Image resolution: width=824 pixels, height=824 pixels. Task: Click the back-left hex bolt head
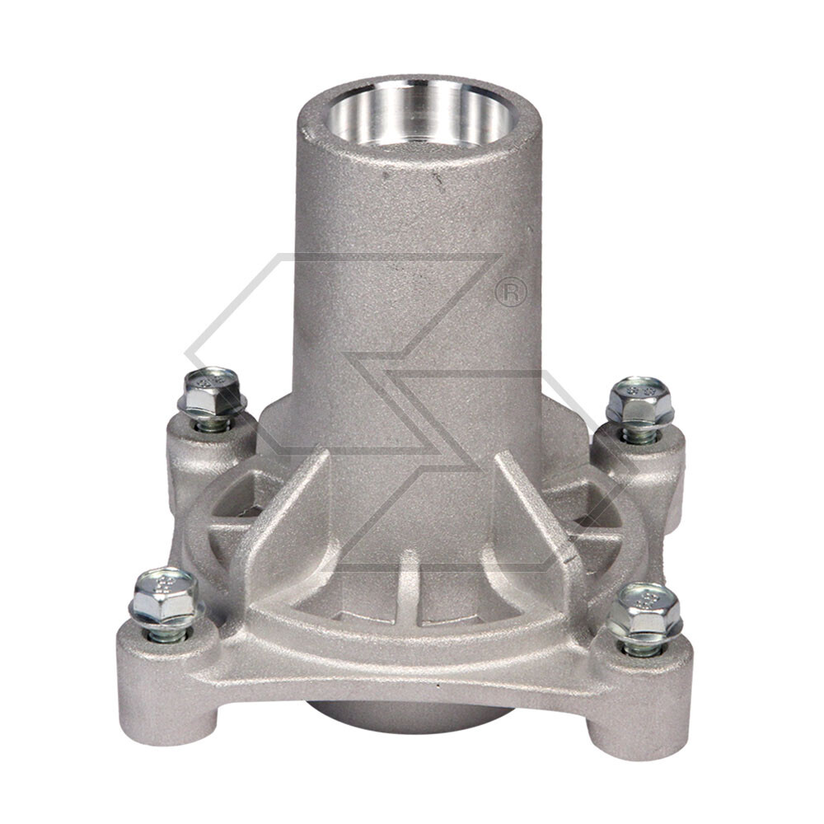(x=211, y=391)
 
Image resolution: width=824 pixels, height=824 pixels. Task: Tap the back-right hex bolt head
(x=639, y=401)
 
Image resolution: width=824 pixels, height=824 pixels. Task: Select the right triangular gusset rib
(x=536, y=519)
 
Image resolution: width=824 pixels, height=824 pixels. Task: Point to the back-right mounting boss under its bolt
(x=643, y=470)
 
